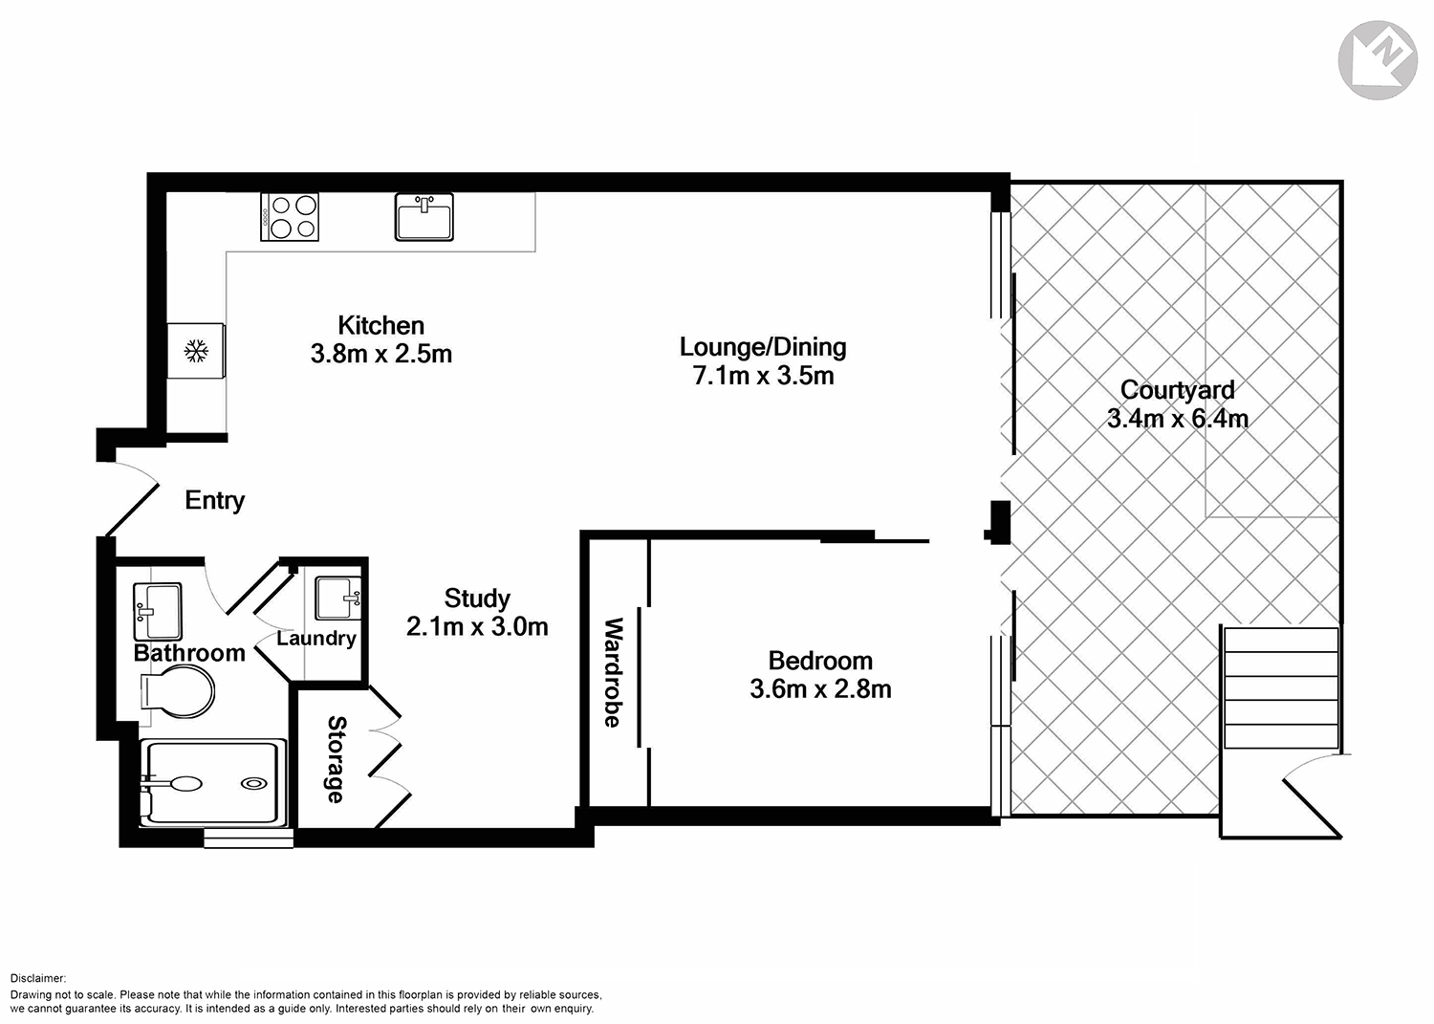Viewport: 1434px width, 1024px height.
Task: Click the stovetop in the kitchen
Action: (290, 216)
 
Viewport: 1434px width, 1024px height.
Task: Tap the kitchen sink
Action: (424, 216)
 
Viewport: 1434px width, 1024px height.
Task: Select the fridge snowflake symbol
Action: (196, 351)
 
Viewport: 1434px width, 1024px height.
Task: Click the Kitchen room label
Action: (380, 325)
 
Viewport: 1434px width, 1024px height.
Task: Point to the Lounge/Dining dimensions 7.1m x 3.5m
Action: (763, 376)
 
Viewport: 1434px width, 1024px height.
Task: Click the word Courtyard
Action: (1177, 390)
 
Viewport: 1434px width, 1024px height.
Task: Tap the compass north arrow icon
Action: (1377, 60)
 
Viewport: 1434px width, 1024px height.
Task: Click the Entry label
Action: (214, 500)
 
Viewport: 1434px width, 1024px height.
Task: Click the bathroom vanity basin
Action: (157, 610)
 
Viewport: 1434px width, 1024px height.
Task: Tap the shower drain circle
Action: (254, 783)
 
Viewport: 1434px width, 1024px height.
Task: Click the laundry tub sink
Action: (337, 599)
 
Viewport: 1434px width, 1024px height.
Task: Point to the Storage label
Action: (336, 759)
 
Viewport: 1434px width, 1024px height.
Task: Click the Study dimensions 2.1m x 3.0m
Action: (477, 627)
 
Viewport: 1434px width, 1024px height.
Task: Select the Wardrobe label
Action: (613, 672)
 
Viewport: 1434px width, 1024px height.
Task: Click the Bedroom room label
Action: (820, 661)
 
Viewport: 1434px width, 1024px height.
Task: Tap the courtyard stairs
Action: (1280, 687)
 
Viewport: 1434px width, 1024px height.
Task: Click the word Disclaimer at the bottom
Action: (38, 978)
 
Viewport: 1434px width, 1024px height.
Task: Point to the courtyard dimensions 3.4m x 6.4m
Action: (1177, 419)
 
